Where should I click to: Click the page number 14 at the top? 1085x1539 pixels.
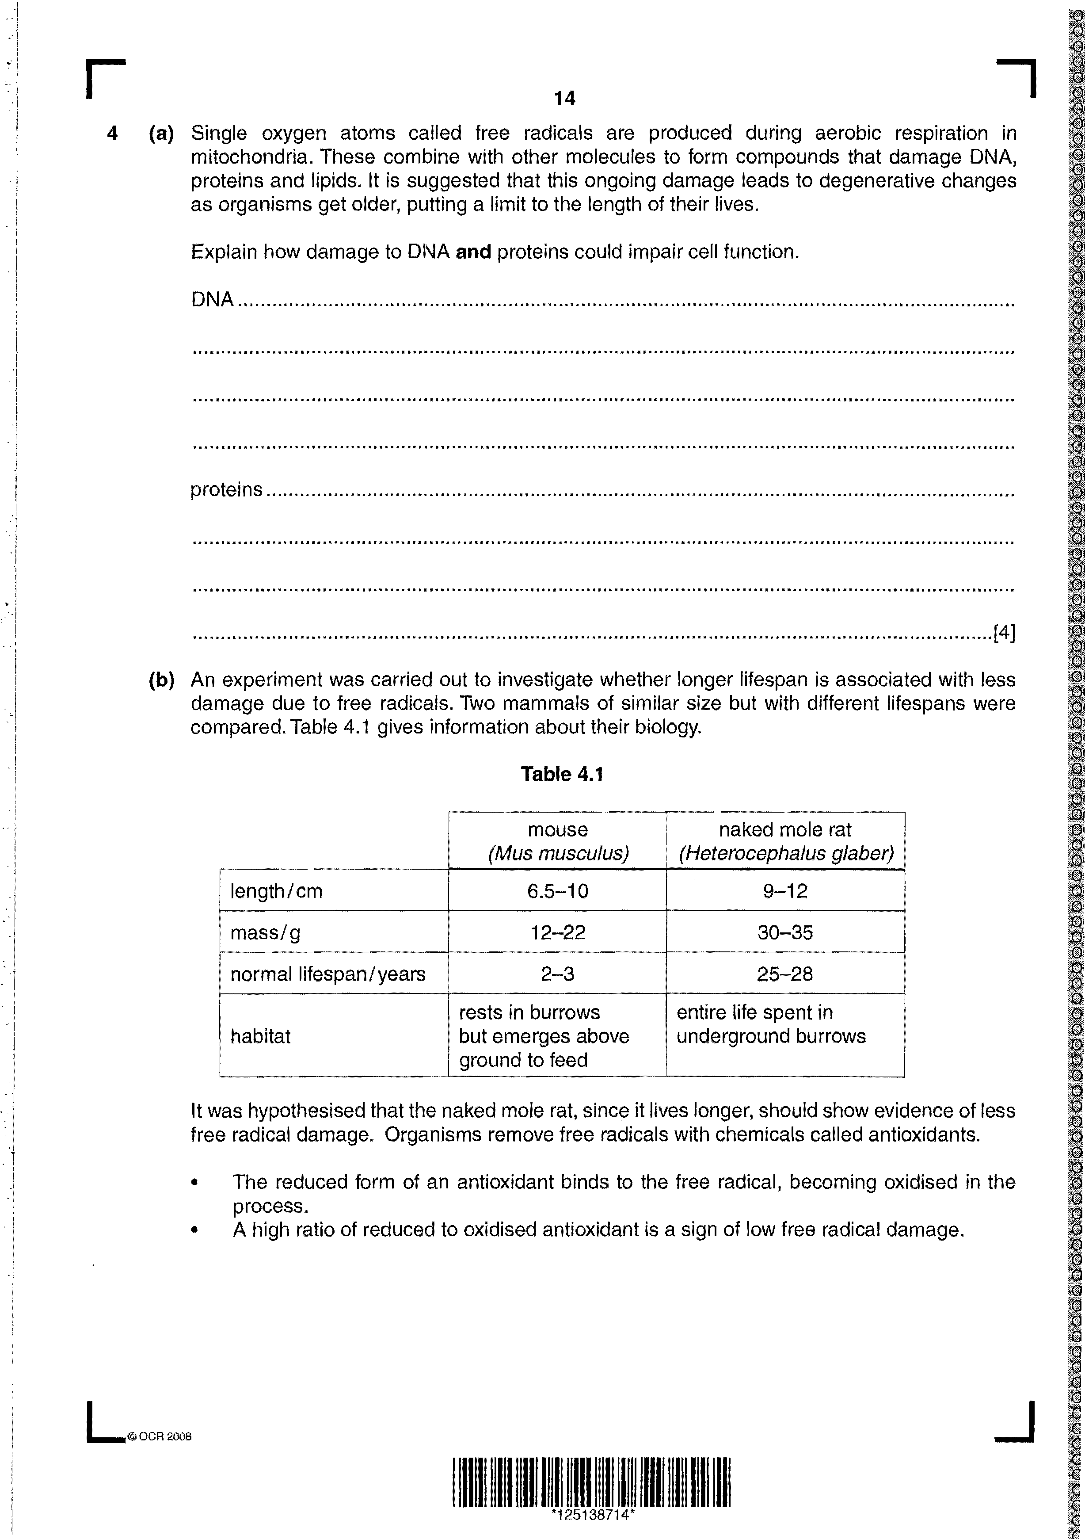(564, 99)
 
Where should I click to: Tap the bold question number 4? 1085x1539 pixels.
(113, 134)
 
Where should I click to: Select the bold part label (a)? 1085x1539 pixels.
(161, 134)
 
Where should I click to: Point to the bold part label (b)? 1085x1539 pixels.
(161, 680)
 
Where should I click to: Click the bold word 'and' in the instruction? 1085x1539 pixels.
(473, 252)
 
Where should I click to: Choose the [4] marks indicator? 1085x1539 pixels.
(1004, 632)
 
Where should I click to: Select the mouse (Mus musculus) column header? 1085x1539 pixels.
(558, 841)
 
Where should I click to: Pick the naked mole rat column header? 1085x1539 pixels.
(785, 841)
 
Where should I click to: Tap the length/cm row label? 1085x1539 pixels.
(276, 891)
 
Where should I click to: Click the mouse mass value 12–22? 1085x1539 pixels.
(558, 932)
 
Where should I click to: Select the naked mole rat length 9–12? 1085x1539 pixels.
(785, 891)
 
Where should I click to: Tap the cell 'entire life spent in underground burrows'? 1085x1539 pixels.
(771, 1024)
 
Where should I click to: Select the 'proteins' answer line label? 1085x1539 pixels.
(227, 490)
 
